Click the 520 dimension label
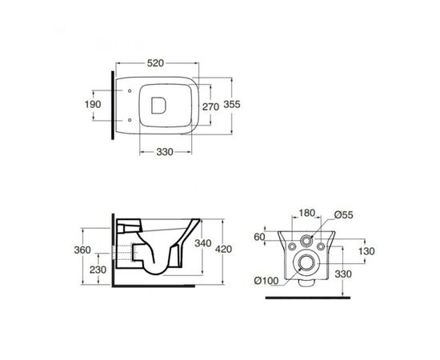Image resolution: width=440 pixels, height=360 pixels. click(155, 63)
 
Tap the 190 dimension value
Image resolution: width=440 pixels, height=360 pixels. click(93, 104)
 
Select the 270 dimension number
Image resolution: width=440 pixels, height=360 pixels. click(210, 106)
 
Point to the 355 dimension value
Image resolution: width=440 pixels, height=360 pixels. click(232, 104)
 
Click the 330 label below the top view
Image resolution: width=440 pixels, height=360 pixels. click(165, 152)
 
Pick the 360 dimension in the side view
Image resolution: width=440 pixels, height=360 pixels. click(82, 250)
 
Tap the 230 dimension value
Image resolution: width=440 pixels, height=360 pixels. click(98, 270)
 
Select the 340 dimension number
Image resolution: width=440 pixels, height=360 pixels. click(203, 243)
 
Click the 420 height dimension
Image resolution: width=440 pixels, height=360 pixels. click(224, 249)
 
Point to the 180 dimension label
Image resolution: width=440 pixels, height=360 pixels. click(306, 214)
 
